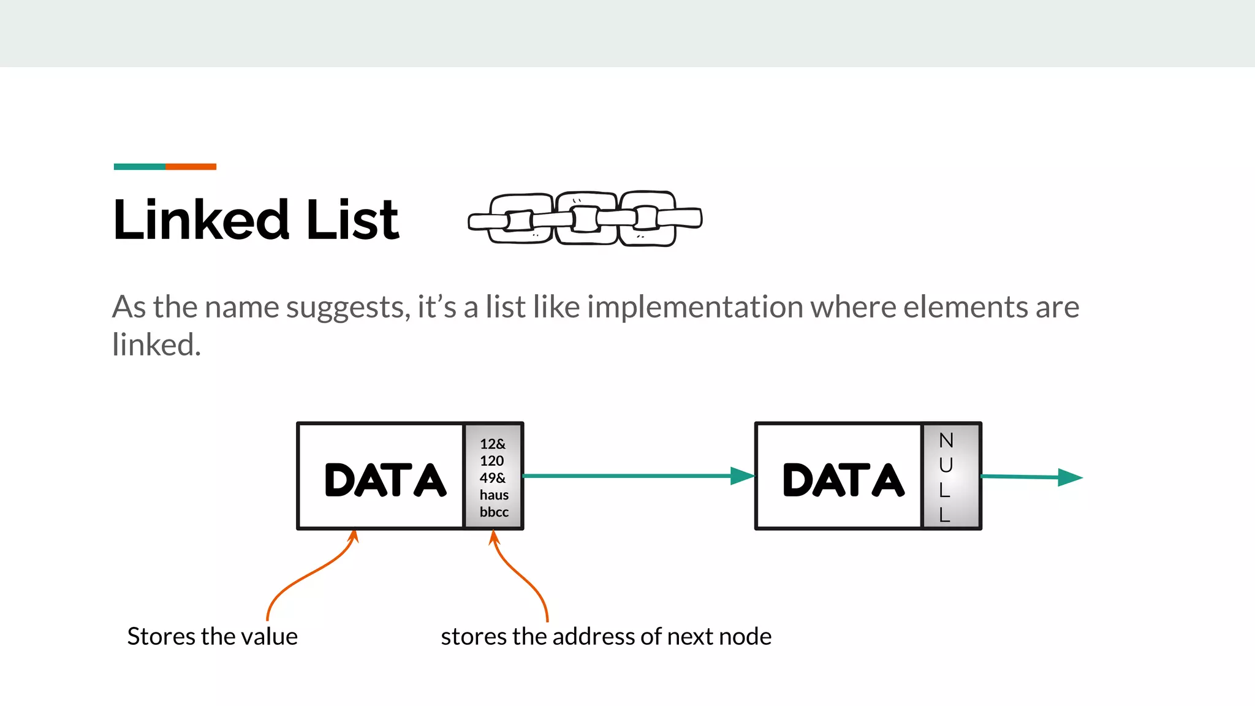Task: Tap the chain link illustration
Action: [585, 219]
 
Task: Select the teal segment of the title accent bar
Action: [139, 167]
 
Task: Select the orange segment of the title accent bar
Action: [191, 167]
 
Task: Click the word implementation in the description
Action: [695, 307]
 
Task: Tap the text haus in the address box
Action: [494, 495]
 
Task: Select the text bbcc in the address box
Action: [494, 512]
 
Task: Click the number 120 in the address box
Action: [492, 461]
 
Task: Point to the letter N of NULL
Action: [946, 441]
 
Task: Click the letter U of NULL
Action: [946, 465]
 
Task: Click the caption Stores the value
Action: [212, 636]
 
